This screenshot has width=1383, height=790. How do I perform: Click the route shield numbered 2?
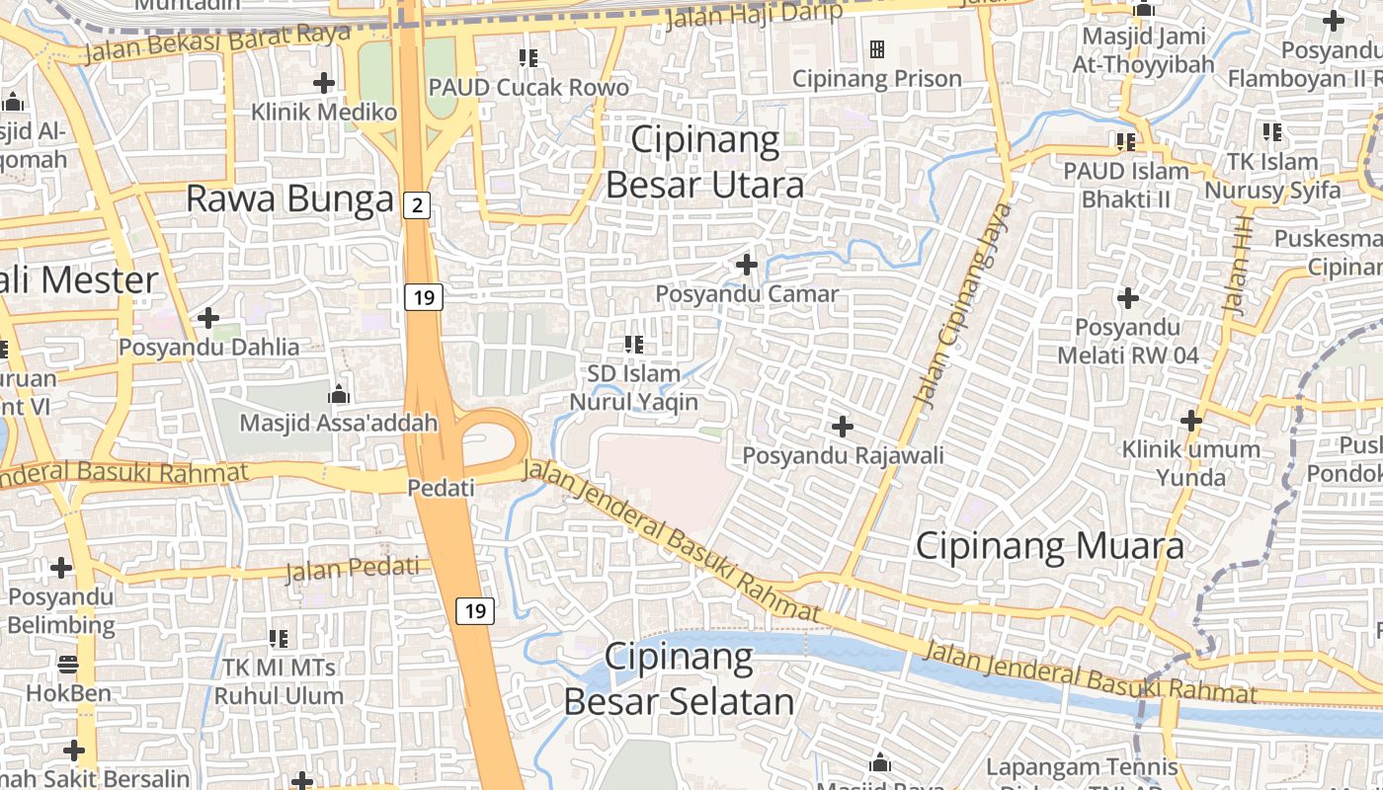pyautogui.click(x=418, y=205)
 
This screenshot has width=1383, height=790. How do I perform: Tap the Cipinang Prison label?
pyautogui.click(x=877, y=78)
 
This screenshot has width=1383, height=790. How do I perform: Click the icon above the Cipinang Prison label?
pyautogui.click(x=876, y=49)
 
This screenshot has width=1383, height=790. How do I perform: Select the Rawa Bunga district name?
pyautogui.click(x=289, y=199)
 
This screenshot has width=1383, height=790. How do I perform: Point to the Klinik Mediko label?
pyautogui.click(x=324, y=112)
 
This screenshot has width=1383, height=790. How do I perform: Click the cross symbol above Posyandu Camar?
pyautogui.click(x=747, y=265)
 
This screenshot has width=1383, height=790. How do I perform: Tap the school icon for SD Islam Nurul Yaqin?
pyautogui.click(x=633, y=345)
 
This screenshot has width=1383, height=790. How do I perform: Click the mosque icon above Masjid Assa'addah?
pyautogui.click(x=339, y=394)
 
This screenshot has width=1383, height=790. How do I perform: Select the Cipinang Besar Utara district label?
pyautogui.click(x=704, y=162)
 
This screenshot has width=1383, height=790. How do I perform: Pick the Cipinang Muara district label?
pyautogui.click(x=1049, y=545)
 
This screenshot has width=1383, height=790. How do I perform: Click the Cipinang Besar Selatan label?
pyautogui.click(x=679, y=678)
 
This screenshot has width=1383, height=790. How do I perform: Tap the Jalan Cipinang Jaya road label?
pyautogui.click(x=963, y=305)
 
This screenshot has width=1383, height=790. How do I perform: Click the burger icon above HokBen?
pyautogui.click(x=68, y=664)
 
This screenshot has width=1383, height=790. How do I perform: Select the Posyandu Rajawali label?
pyautogui.click(x=843, y=455)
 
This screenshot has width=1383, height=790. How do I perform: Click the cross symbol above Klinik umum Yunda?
pyautogui.click(x=1191, y=421)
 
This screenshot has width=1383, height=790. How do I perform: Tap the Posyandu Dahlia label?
pyautogui.click(x=208, y=347)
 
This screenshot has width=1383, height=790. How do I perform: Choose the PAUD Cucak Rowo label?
pyautogui.click(x=528, y=87)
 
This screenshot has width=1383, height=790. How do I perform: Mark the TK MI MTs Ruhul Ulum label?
pyautogui.click(x=279, y=681)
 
